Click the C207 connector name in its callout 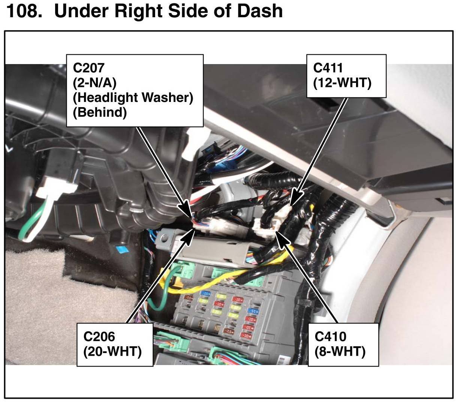click(89, 68)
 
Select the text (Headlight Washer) click(133, 97)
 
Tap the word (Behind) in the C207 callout click(100, 112)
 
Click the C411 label click(328, 68)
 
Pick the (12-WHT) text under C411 click(342, 82)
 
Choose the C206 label click(99, 336)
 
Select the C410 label click(330, 336)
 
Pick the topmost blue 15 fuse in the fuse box click(205, 293)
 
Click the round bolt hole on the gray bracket click(163, 237)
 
